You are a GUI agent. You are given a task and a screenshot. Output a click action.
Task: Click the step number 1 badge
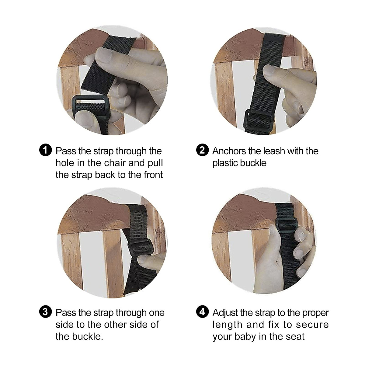46,151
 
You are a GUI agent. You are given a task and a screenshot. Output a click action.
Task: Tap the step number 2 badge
203,151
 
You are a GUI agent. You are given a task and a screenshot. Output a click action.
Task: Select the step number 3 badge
46,312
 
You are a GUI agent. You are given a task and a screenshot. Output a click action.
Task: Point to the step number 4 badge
203,312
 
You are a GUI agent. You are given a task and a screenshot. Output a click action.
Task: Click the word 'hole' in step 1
65,163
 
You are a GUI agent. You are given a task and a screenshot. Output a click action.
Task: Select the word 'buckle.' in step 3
88,336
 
